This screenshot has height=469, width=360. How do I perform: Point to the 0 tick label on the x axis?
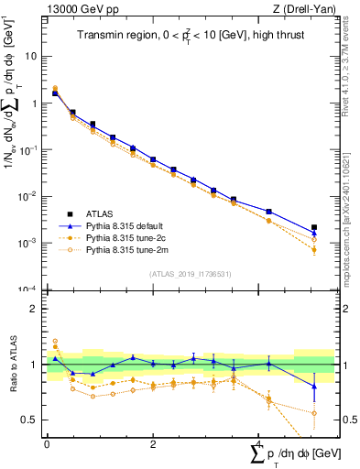(x=47, y=443)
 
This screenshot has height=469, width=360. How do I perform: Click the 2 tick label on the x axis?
(x=153, y=443)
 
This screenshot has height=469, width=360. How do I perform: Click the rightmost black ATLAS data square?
(x=314, y=227)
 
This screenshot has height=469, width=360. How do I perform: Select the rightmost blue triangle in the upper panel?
(x=314, y=234)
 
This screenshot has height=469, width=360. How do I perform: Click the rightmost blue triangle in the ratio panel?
(x=314, y=387)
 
